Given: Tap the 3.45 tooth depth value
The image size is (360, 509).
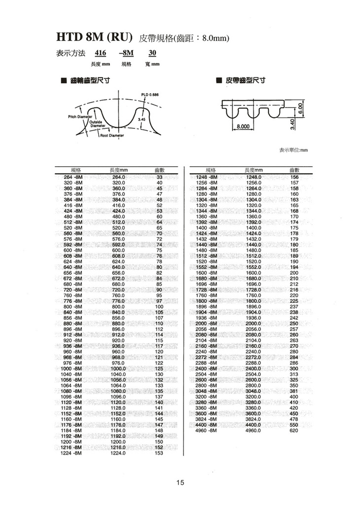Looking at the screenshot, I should pos(142,119).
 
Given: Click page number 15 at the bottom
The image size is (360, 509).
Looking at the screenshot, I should pos(180,482).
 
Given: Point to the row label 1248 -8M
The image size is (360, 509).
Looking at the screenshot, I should pos(207,177).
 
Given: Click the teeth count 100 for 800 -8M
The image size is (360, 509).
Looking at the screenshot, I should pos(159,306).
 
